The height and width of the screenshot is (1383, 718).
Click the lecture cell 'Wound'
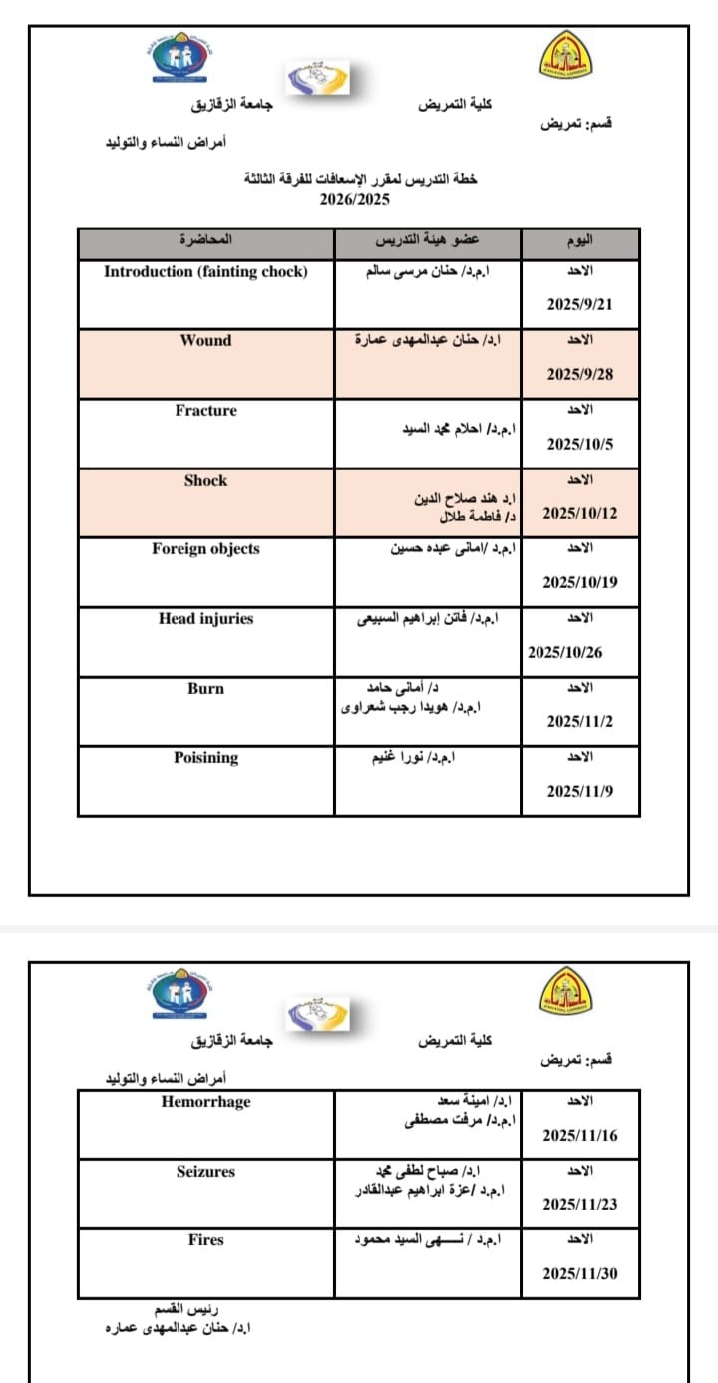(x=205, y=341)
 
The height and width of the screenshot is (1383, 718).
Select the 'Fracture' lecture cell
(x=205, y=411)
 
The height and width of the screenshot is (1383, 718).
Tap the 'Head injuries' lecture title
(x=205, y=619)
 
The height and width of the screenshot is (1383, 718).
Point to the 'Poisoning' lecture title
(x=205, y=758)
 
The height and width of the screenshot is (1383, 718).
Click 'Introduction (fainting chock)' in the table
(x=205, y=272)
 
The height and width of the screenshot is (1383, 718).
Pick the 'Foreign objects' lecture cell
(x=205, y=549)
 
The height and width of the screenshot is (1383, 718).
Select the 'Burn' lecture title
(x=205, y=689)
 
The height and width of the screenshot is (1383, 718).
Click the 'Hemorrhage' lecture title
(x=205, y=1102)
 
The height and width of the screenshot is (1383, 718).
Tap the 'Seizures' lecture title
(x=205, y=1172)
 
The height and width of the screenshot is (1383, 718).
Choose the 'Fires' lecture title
(x=205, y=1240)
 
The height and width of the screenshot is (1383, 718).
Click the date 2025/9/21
(x=579, y=305)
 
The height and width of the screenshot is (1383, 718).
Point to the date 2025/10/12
(x=579, y=514)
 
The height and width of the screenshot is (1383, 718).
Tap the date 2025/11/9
(x=579, y=791)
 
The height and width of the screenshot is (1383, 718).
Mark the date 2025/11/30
(x=579, y=1274)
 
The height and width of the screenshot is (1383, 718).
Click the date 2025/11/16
(x=579, y=1135)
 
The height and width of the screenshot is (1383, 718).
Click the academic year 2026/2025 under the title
(x=355, y=199)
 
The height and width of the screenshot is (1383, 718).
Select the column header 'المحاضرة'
(x=205, y=241)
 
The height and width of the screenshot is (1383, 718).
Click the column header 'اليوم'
(x=579, y=241)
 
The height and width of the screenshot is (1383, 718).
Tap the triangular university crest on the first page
(x=564, y=55)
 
